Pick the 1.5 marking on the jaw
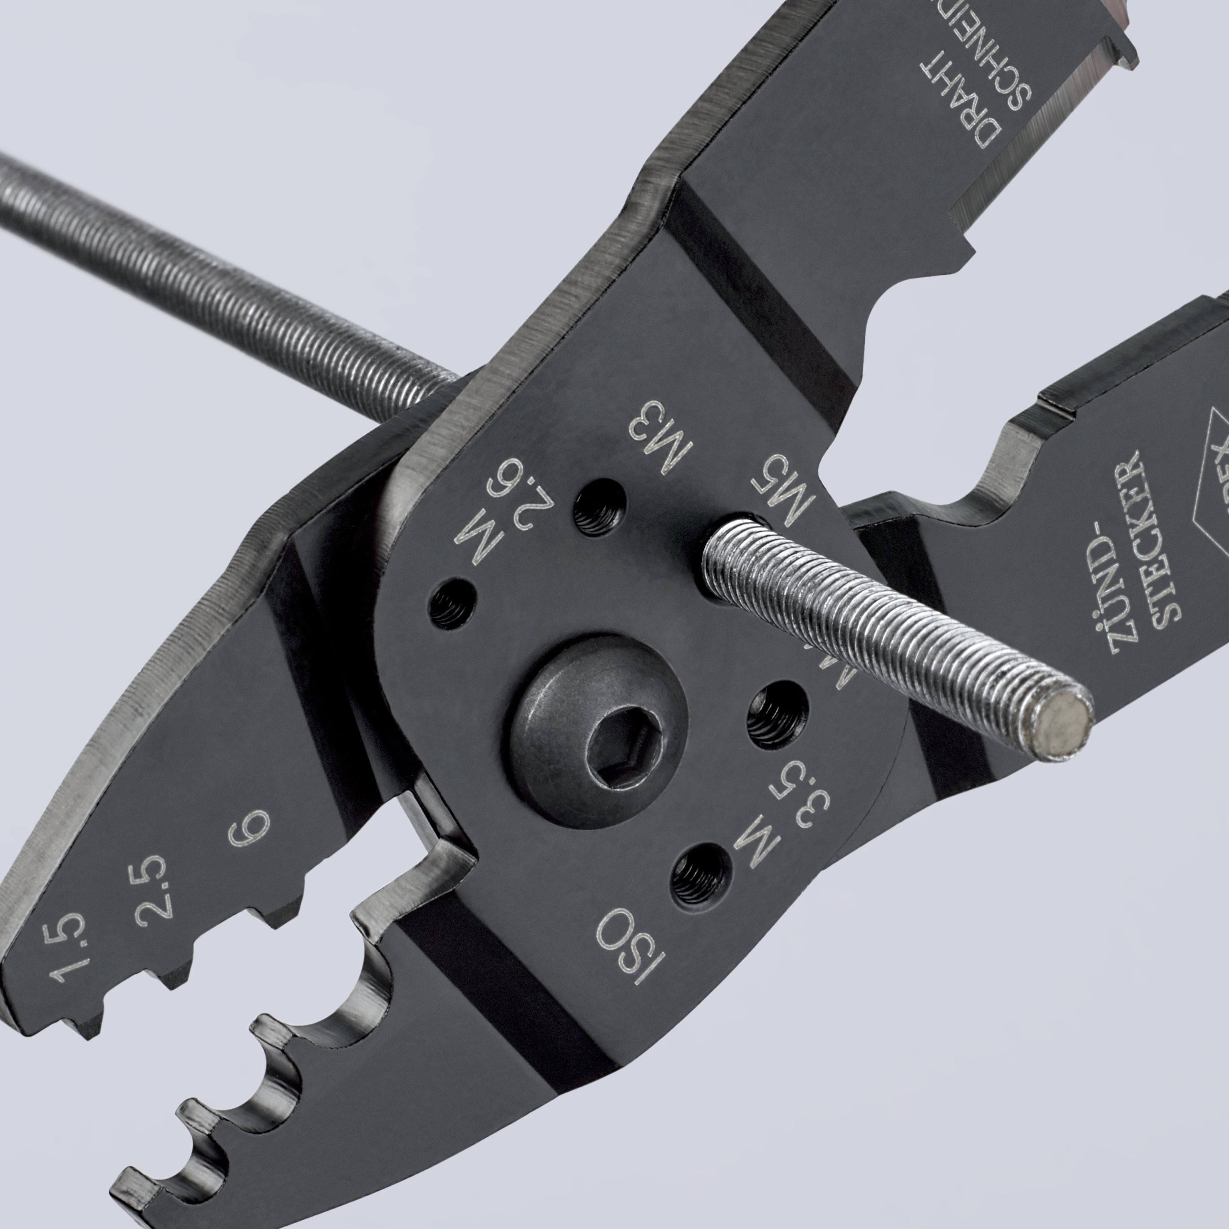click(68, 945)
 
